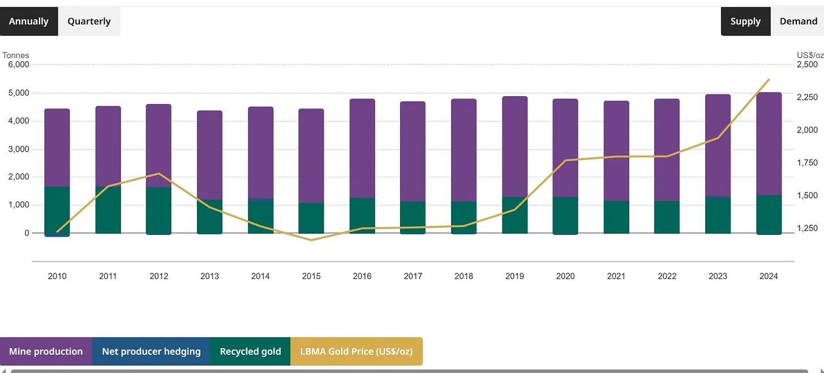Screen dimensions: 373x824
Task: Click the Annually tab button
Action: (29, 22)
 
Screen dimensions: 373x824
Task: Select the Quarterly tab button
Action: (89, 22)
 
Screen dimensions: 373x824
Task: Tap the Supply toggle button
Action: (745, 22)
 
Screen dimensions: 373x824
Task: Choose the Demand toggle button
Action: (798, 22)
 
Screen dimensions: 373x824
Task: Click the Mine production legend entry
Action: (46, 351)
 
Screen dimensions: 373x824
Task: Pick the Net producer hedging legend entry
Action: (151, 351)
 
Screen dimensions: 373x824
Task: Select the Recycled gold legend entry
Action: (250, 351)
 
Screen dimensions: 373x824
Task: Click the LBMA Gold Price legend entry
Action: (356, 351)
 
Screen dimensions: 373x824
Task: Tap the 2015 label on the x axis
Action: (311, 276)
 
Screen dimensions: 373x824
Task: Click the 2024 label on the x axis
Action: (769, 276)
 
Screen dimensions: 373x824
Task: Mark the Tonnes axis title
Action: (16, 55)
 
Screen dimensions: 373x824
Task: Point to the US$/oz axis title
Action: (810, 55)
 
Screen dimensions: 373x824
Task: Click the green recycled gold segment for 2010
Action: (57, 209)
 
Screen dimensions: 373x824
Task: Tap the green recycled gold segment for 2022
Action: (667, 217)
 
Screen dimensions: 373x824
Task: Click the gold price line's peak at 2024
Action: (769, 80)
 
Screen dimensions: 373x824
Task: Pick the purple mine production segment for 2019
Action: (514, 147)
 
